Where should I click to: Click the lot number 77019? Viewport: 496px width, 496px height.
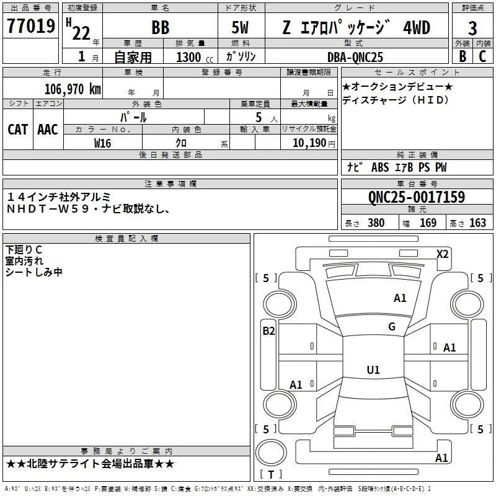click(31, 26)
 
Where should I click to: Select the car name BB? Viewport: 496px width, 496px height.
click(161, 27)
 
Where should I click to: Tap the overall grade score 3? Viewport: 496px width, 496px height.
click(472, 29)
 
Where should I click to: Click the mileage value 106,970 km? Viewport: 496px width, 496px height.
click(73, 89)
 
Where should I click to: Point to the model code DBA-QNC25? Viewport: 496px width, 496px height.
click(355, 57)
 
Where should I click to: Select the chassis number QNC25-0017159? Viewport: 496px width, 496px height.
click(417, 197)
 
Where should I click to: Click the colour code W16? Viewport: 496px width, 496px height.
click(102, 143)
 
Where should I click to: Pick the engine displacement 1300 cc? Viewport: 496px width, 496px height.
click(195, 57)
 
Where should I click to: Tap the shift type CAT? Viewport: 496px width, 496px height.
click(18, 130)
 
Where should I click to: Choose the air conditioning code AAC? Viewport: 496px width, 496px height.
click(48, 130)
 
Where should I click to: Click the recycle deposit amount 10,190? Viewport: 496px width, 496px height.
click(309, 143)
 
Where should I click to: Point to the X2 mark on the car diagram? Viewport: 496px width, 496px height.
click(442, 254)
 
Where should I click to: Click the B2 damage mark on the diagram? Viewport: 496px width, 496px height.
click(268, 331)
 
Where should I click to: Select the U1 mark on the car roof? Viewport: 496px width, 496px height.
click(373, 370)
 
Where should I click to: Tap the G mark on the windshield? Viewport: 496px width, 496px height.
click(392, 327)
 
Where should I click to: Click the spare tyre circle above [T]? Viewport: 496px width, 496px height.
click(271, 453)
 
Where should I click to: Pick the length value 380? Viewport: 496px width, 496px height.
click(376, 223)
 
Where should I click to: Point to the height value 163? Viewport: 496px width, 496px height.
click(477, 223)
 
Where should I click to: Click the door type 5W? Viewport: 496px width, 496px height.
click(240, 28)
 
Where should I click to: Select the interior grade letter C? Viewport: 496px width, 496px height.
click(482, 56)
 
